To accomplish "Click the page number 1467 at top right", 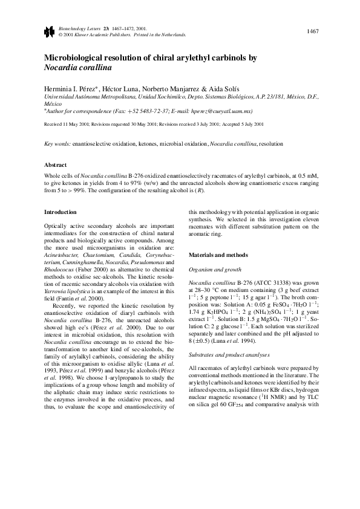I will point(313,31).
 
